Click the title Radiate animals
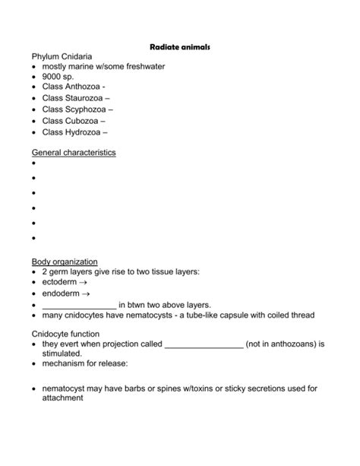[x=179, y=47]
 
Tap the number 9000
[x=53, y=77]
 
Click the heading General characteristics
[x=74, y=152]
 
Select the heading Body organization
[x=65, y=262]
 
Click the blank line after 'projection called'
[x=204, y=344]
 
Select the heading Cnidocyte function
[x=71, y=333]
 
